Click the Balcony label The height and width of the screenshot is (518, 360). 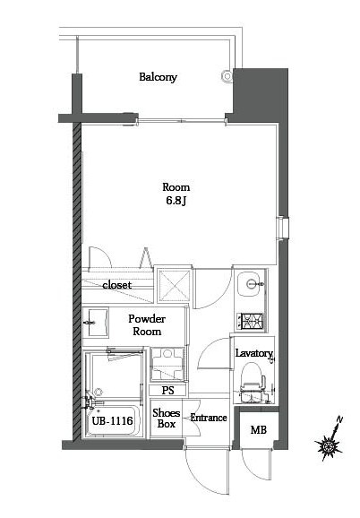(158, 77)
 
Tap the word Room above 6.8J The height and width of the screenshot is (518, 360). (176, 187)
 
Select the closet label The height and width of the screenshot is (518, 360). (116, 285)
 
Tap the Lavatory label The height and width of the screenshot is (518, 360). (253, 354)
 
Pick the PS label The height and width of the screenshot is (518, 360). (167, 391)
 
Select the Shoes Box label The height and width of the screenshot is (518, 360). (167, 419)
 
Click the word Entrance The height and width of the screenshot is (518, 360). (209, 418)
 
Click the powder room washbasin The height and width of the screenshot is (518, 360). (97, 318)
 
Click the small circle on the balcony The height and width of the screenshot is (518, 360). (224, 77)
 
